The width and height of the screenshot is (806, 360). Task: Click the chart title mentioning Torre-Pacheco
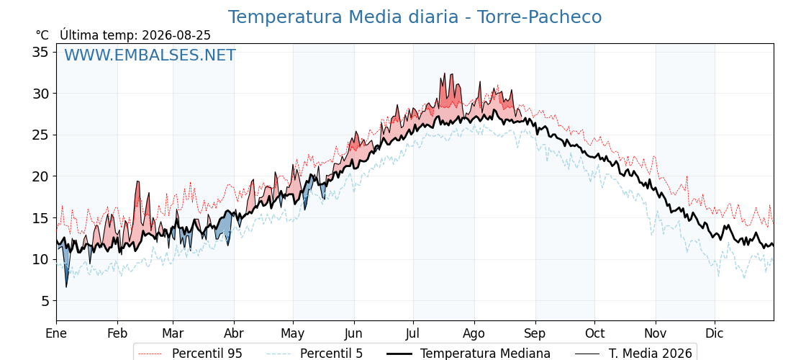(415, 17)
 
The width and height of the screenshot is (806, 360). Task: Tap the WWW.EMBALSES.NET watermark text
(150, 55)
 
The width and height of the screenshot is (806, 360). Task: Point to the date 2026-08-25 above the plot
(176, 35)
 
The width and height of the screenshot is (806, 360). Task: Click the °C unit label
(42, 35)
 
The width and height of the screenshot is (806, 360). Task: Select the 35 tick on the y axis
(41, 52)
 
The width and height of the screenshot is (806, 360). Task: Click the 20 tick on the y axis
(41, 176)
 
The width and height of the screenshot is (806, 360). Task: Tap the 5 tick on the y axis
(45, 301)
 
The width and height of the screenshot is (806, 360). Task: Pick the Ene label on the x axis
(56, 333)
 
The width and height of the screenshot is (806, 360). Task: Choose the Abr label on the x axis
(234, 333)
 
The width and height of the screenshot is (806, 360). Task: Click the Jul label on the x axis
(413, 333)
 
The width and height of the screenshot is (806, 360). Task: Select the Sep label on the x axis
(535, 334)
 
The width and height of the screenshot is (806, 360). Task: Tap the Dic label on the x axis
(715, 333)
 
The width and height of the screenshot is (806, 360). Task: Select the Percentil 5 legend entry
(314, 354)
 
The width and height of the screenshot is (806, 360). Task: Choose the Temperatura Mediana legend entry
(467, 354)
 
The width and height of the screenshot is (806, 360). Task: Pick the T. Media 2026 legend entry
(633, 354)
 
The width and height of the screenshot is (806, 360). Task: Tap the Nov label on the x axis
(656, 333)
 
